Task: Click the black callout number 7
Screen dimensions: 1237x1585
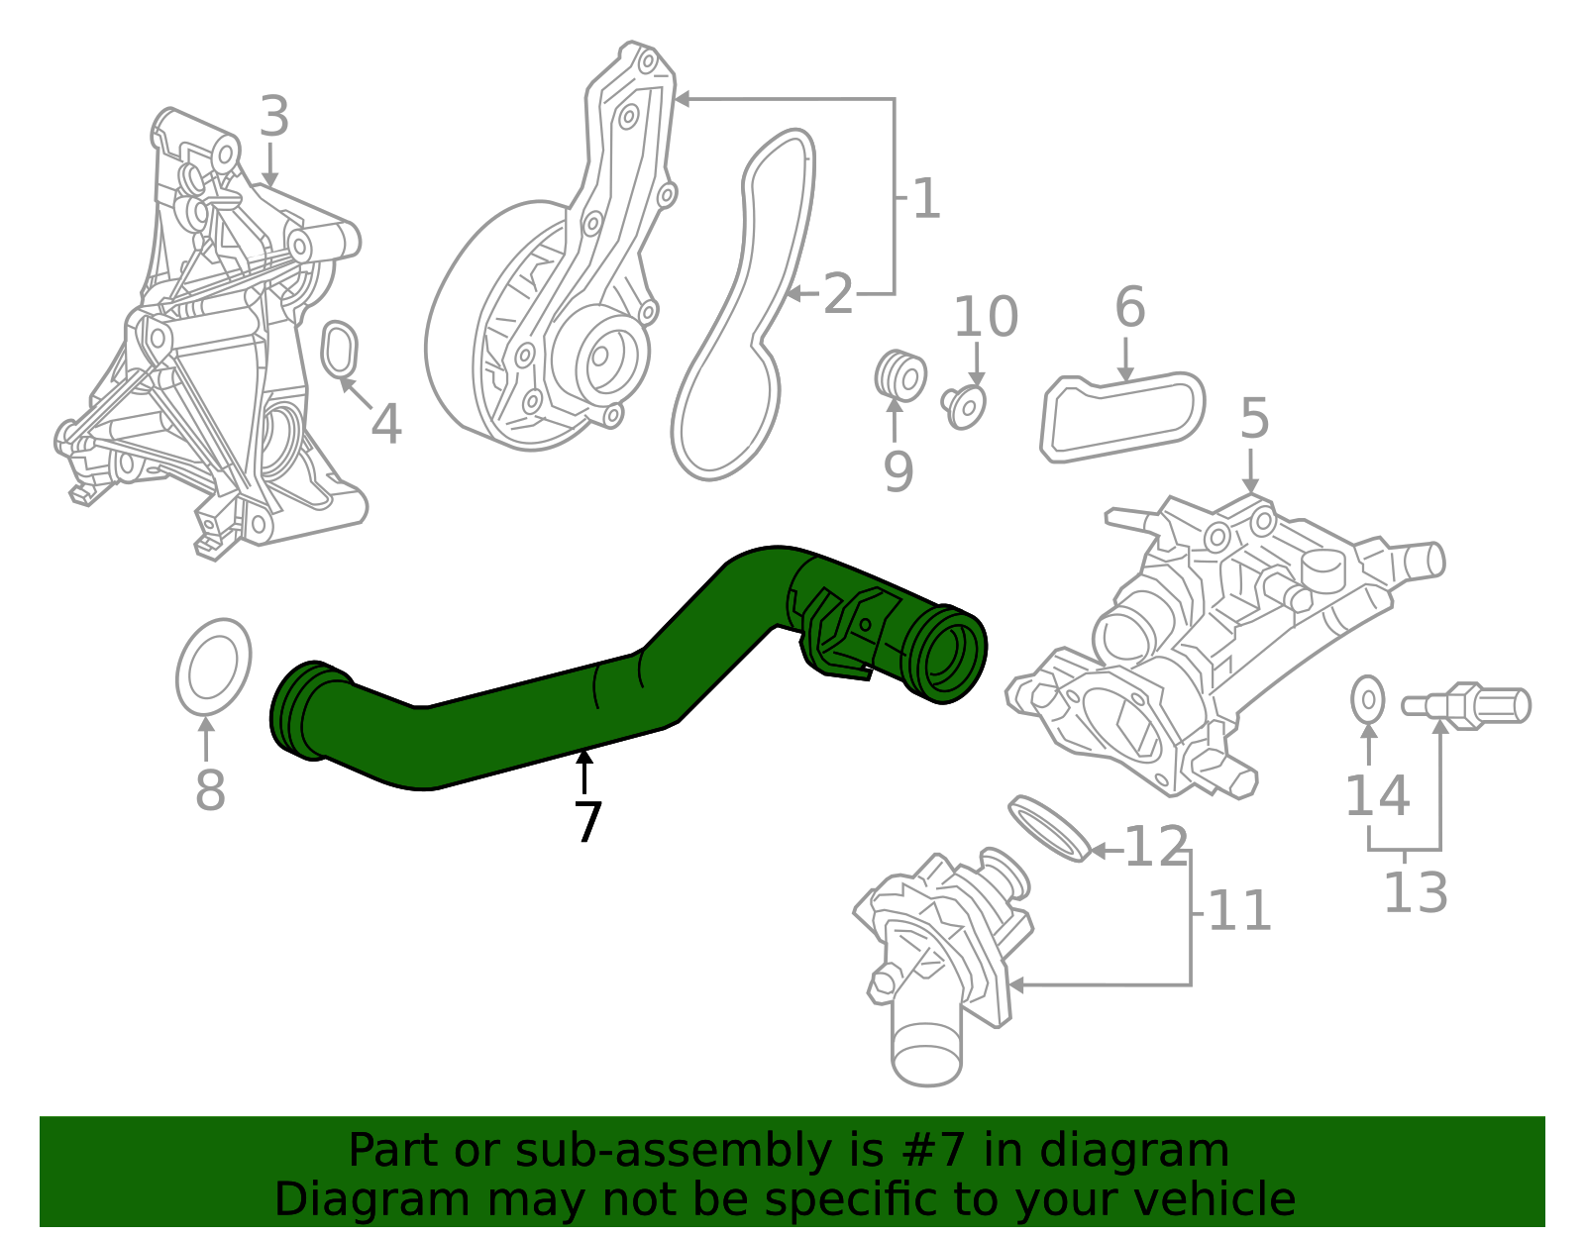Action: point(587,823)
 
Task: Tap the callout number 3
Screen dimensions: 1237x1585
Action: point(273,117)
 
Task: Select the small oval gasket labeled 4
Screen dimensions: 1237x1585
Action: point(340,349)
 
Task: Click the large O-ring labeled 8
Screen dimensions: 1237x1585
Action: point(213,667)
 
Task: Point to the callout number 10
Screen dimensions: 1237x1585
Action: point(985,317)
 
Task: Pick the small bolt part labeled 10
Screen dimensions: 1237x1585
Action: point(964,405)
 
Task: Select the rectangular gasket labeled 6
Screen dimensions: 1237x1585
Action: point(1122,417)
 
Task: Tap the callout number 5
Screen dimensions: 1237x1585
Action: point(1253,419)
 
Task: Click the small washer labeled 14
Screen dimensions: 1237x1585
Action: point(1368,700)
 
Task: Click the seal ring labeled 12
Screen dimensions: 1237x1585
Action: point(1048,827)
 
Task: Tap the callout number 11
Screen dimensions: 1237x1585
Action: point(1238,911)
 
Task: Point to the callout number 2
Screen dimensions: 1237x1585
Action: point(838,295)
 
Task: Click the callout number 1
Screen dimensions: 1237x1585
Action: point(925,200)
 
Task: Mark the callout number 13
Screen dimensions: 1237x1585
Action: point(1415,892)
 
